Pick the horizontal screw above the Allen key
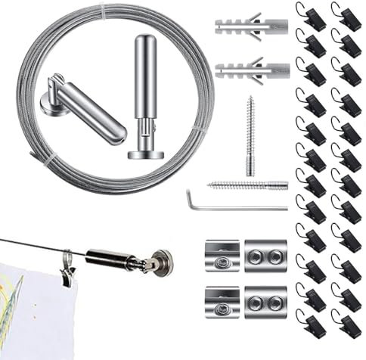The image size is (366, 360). pyautogui.click(x=246, y=183)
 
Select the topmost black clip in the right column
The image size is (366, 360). pyautogui.click(x=347, y=18)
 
